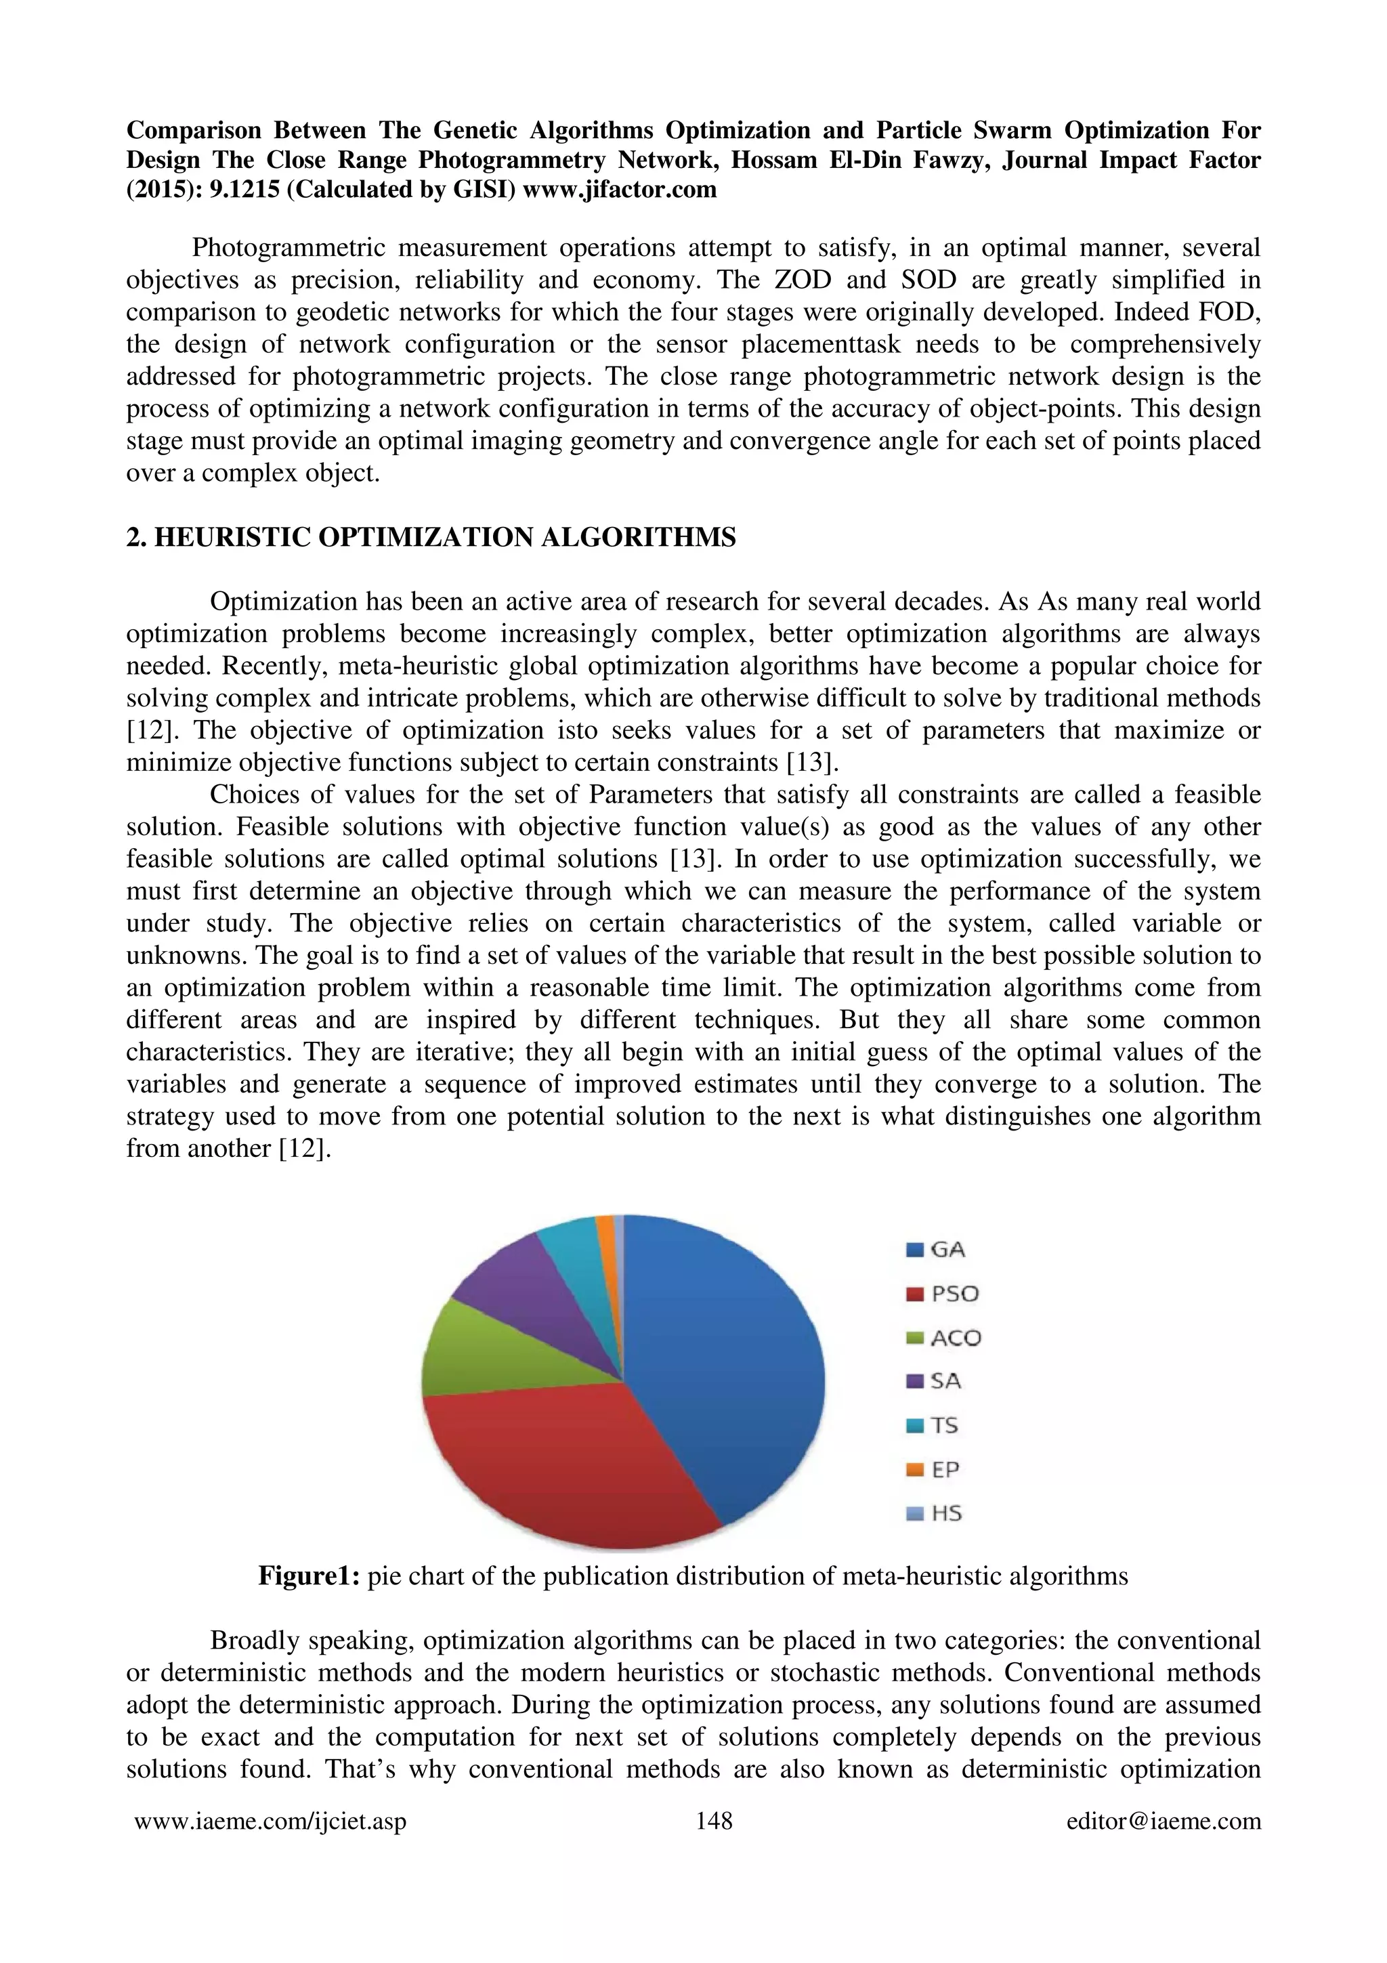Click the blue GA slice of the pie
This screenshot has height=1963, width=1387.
click(727, 1359)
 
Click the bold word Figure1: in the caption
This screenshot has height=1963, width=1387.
click(310, 1576)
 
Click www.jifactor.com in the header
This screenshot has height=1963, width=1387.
click(619, 189)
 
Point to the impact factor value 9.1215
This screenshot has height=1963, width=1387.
click(244, 189)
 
